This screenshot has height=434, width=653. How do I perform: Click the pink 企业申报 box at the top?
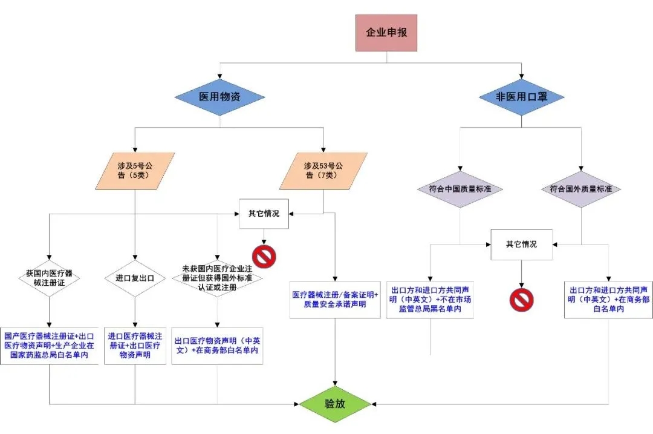[386, 33]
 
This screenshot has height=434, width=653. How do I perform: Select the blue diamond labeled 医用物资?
[219, 97]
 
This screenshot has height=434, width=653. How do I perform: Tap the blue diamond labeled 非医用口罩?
[521, 97]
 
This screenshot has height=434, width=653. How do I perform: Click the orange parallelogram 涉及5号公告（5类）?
[134, 171]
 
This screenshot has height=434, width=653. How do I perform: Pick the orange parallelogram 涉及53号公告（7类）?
[323, 171]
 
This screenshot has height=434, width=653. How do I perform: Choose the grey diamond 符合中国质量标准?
[460, 189]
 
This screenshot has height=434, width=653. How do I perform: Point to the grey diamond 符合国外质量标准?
[580, 189]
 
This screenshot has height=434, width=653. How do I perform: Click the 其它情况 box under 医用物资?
[264, 214]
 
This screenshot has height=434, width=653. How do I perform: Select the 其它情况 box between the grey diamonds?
[521, 245]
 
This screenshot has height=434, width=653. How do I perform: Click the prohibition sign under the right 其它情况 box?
[521, 300]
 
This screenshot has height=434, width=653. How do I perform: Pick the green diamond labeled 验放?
[336, 403]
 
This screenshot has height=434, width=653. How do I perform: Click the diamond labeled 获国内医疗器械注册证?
[48, 278]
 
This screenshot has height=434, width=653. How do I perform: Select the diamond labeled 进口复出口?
[134, 278]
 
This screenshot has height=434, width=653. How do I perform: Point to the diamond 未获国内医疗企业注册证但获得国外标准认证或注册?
[217, 277]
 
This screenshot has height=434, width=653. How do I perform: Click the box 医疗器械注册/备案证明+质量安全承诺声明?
[335, 299]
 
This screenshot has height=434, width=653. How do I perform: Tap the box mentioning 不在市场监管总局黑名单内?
[430, 299]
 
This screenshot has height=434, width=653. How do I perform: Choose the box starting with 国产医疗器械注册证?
[49, 346]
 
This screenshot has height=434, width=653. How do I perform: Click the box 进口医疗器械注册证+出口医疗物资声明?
[134, 346]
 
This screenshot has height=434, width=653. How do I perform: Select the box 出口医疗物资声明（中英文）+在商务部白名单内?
[217, 346]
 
